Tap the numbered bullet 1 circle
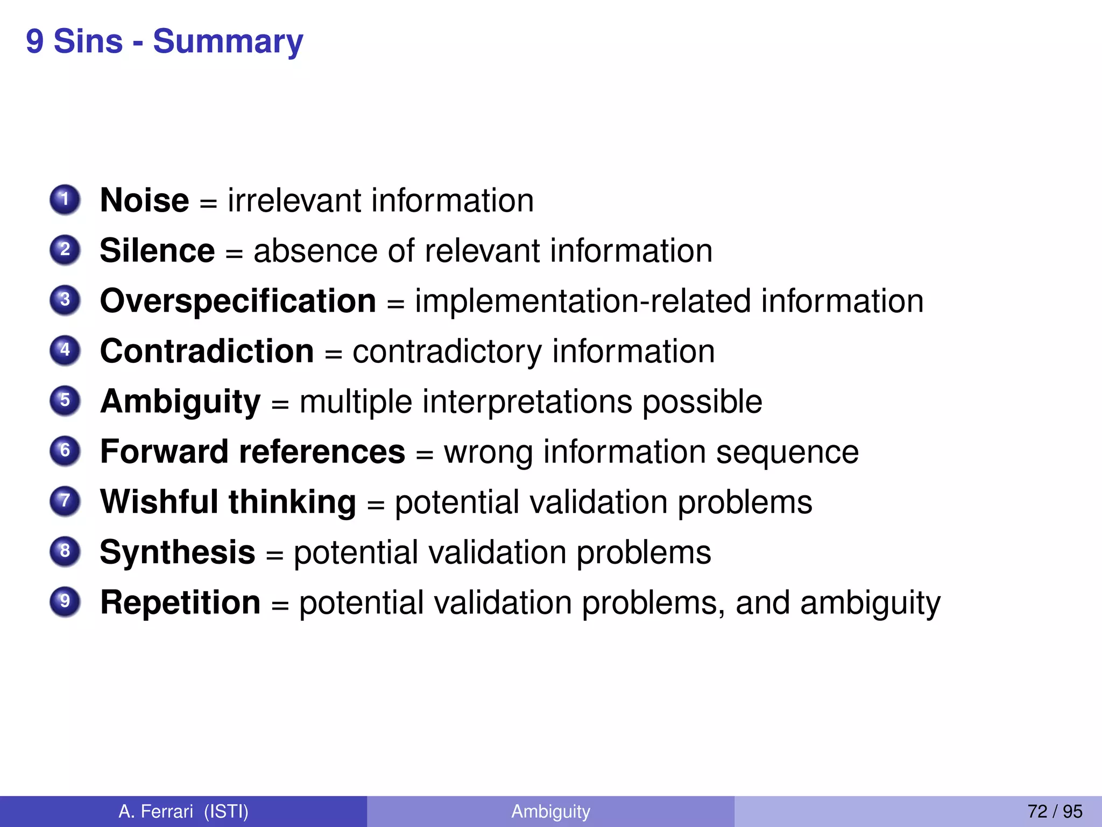pos(65,200)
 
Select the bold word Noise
pos(144,200)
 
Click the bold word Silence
pos(157,251)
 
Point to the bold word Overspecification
pos(238,301)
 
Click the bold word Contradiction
pos(207,351)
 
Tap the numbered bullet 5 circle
pos(65,401)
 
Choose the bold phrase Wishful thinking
pos(228,502)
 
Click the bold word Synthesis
pos(177,552)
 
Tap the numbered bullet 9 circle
pos(65,601)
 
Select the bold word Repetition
pos(180,602)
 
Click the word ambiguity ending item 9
pos(870,604)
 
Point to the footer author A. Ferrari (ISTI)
pos(183,811)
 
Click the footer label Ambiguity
pos(550,811)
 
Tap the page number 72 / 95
pos(1054,811)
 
